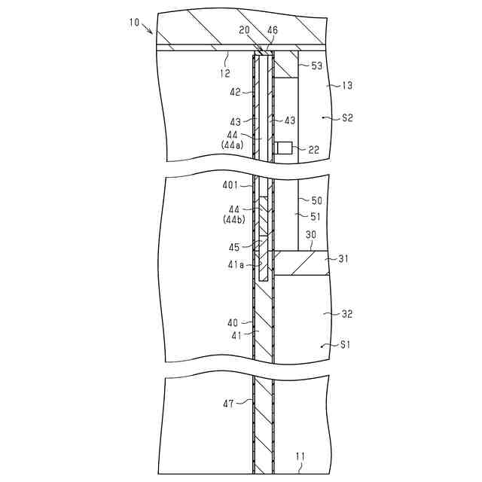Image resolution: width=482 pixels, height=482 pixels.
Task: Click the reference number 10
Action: pyautogui.click(x=134, y=23)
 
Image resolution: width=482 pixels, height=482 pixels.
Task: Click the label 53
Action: pyautogui.click(x=316, y=66)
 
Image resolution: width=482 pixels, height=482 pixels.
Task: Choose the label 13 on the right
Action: pyautogui.click(x=346, y=86)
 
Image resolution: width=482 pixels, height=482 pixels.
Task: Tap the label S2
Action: pyautogui.click(x=347, y=118)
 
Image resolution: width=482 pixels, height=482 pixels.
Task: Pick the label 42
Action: pyautogui.click(x=235, y=92)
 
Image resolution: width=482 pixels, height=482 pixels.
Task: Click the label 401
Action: pyautogui.click(x=230, y=185)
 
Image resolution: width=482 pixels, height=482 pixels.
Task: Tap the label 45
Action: pyautogui.click(x=235, y=246)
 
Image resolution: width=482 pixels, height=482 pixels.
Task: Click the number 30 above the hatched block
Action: pyautogui.click(x=310, y=235)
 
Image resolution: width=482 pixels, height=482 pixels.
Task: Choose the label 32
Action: pyautogui.click(x=346, y=314)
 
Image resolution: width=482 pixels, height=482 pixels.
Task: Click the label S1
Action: pyautogui.click(x=346, y=345)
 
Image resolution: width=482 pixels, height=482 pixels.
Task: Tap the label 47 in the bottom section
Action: pyautogui.click(x=229, y=404)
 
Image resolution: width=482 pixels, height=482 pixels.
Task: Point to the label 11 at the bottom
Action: pyautogui.click(x=300, y=456)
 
